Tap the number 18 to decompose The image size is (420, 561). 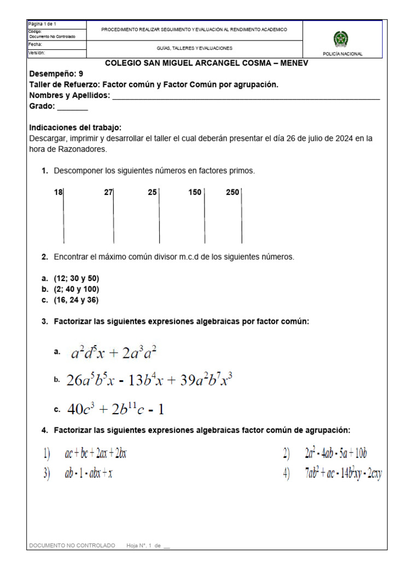59,192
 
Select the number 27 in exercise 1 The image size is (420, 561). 108,192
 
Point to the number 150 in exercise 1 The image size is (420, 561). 195,192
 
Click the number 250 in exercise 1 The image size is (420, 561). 232,192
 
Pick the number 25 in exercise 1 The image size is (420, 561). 152,192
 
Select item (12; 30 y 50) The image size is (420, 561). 77,278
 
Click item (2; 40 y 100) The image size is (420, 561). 77,289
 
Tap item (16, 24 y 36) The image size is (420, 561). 76,300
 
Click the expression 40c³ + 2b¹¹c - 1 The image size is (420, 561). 115,409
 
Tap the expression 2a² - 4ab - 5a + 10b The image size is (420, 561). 336,454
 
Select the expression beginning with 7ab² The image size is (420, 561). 343,474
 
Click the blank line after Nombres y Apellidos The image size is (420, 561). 246,97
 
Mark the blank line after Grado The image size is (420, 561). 72,107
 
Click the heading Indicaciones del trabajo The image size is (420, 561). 75,128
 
